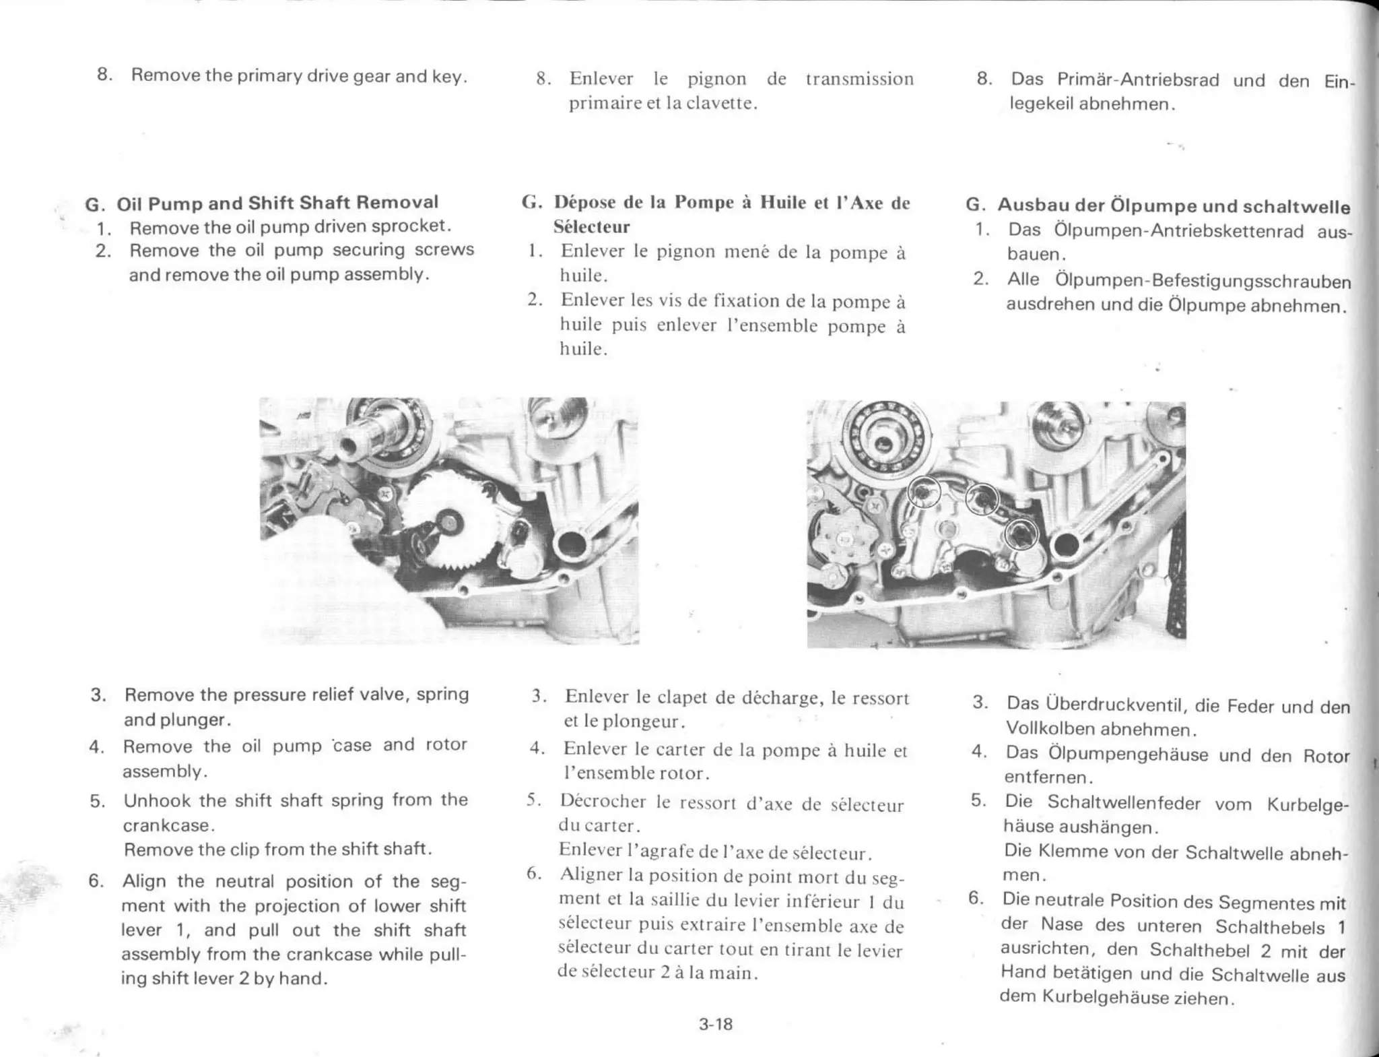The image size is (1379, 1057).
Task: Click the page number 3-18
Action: coord(715,1025)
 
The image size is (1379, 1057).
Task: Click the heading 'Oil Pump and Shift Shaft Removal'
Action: coord(277,203)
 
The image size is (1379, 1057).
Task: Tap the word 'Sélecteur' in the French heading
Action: coord(591,227)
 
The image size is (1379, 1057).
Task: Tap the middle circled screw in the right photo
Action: coord(981,500)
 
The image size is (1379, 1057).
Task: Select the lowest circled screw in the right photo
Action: coord(1020,535)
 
